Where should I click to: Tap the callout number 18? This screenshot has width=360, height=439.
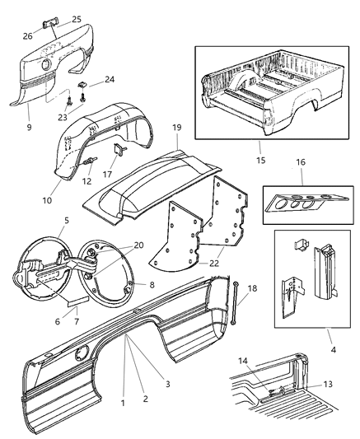[x=252, y=290]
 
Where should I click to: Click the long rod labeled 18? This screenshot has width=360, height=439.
[x=236, y=308]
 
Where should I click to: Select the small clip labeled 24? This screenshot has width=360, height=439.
[x=84, y=86]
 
